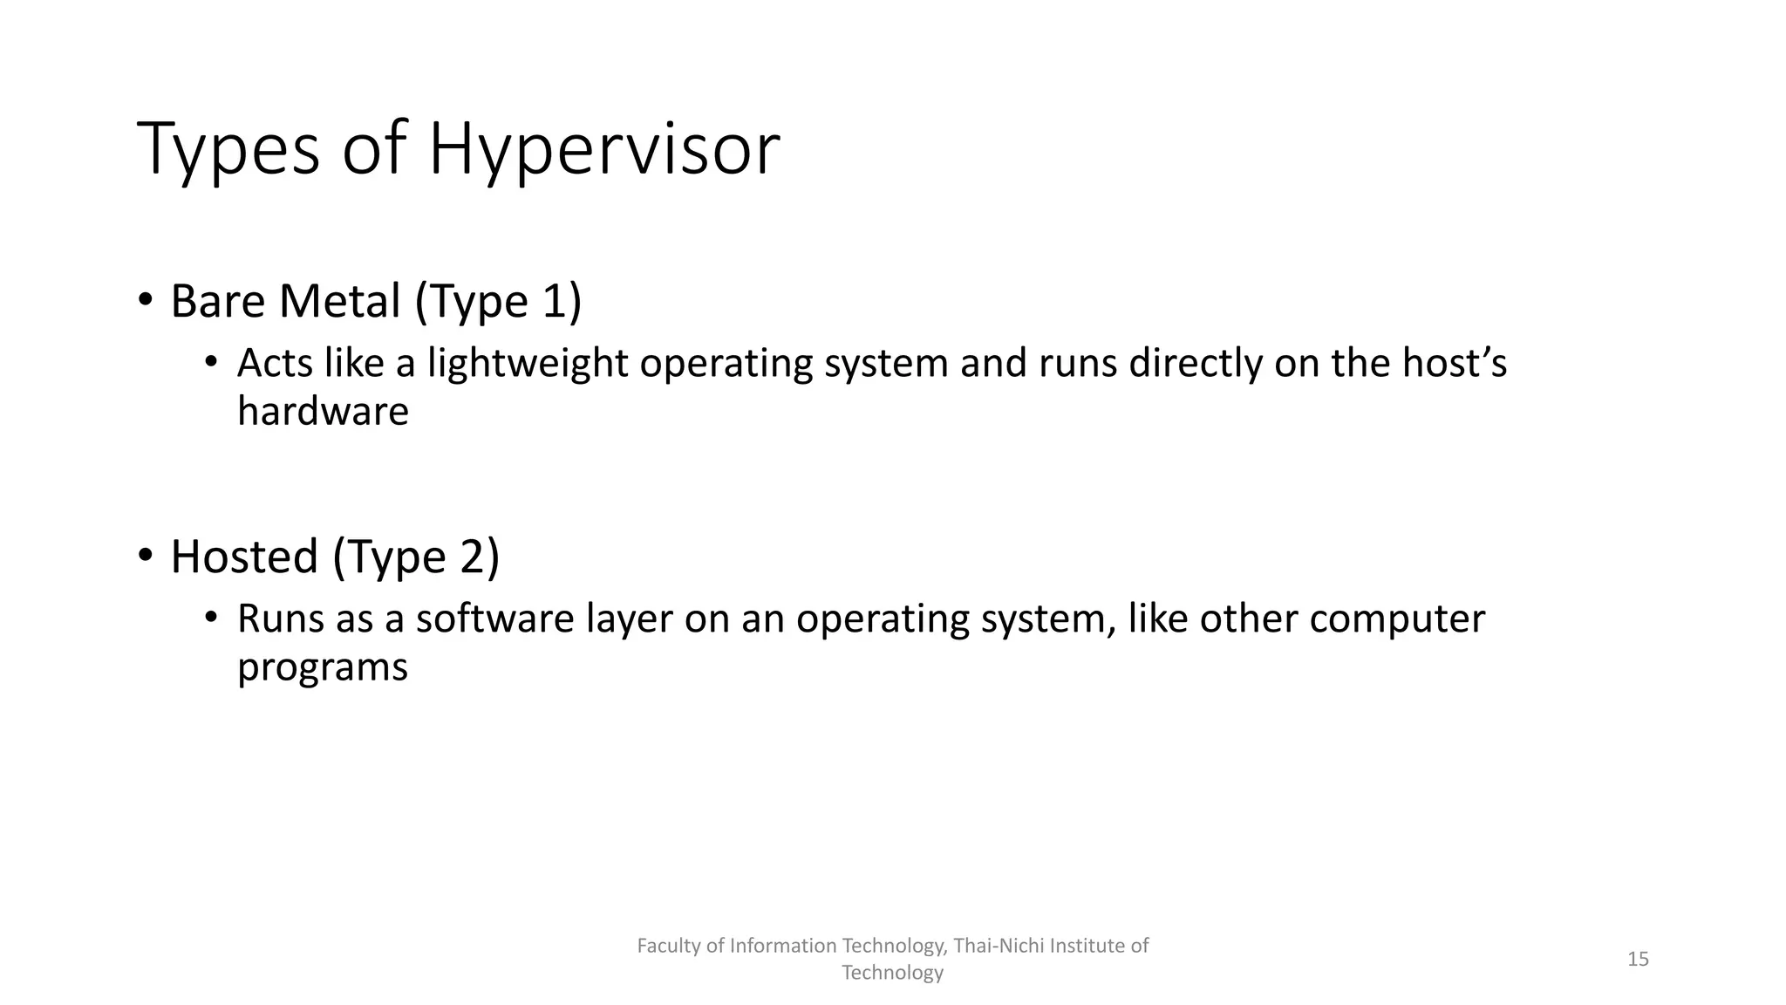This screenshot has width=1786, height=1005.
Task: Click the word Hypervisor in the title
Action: coord(603,150)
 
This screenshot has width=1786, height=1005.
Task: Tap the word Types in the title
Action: coord(228,150)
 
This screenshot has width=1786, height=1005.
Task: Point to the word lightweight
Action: coord(527,363)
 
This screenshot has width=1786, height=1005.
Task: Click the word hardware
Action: coord(323,411)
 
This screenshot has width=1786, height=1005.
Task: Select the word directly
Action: coord(1195,363)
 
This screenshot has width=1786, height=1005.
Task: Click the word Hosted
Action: coord(243,557)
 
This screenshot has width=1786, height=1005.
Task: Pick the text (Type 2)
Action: coord(416,557)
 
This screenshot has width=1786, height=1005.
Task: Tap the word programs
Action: coord(322,667)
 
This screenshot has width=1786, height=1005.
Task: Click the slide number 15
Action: coord(1638,959)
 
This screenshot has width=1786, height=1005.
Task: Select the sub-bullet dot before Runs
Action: coord(210,618)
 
